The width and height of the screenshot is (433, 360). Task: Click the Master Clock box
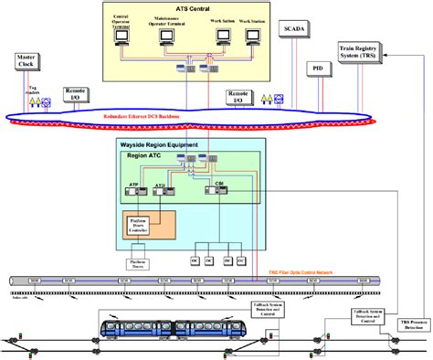click(26, 61)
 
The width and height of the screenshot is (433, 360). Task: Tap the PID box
click(316, 69)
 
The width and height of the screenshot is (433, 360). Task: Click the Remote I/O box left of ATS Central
click(75, 93)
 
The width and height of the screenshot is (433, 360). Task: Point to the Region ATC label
click(143, 157)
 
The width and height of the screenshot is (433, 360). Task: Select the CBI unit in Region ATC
click(219, 189)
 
